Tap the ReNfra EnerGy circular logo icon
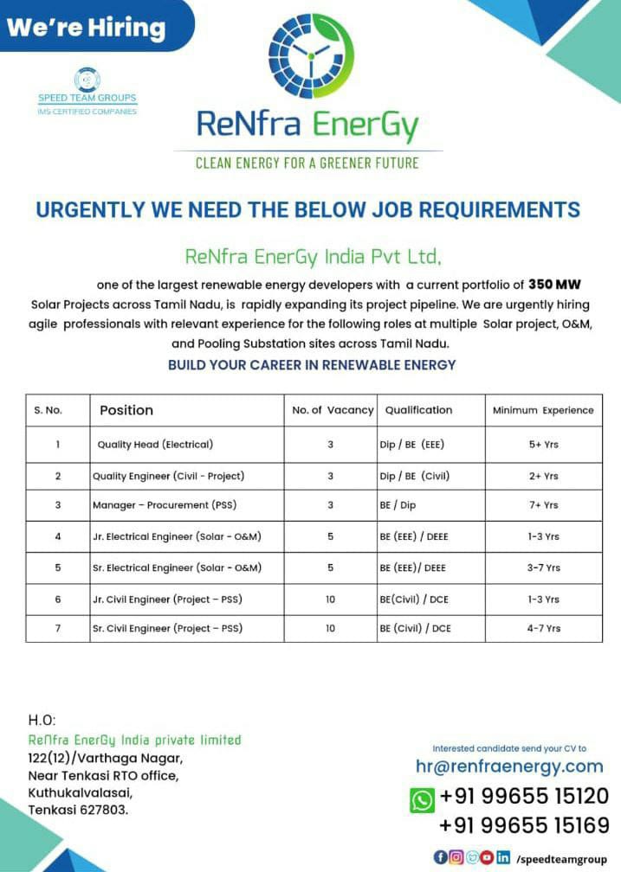pyautogui.click(x=311, y=55)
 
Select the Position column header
pyautogui.click(x=126, y=410)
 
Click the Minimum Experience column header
pyautogui.click(x=543, y=410)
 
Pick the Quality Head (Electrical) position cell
pyautogui.click(x=155, y=445)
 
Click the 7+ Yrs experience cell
pyautogui.click(x=543, y=505)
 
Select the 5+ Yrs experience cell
pyautogui.click(x=543, y=445)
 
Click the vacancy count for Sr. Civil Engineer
pyautogui.click(x=330, y=628)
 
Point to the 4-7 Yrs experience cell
pyautogui.click(x=543, y=628)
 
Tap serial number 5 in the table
pyautogui.click(x=58, y=567)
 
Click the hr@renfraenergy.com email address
pyautogui.click(x=509, y=766)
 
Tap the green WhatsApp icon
pyautogui.click(x=422, y=799)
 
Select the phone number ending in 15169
pyautogui.click(x=524, y=825)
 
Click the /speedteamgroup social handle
pyautogui.click(x=561, y=858)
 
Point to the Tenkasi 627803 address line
pyautogui.click(x=78, y=810)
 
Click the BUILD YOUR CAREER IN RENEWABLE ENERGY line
pyautogui.click(x=312, y=365)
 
